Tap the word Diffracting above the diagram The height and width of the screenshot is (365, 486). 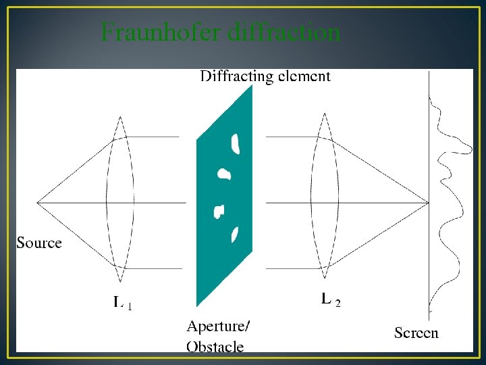point(234,76)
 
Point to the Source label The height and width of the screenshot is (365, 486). point(39,243)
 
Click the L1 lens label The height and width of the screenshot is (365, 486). point(122,303)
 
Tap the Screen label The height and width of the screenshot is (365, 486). point(416,333)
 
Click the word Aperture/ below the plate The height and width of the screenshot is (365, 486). point(217,326)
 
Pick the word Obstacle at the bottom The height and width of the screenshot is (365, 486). point(215,347)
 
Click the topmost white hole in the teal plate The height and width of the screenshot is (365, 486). point(236,143)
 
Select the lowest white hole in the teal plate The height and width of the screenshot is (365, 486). point(235,234)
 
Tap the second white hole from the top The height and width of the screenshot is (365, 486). point(224,174)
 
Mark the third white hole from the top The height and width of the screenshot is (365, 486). point(219,212)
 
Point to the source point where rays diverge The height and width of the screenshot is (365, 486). point(37,202)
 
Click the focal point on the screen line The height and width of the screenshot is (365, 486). point(429,202)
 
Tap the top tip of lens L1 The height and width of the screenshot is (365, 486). point(120,117)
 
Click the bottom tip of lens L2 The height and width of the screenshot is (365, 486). point(325,278)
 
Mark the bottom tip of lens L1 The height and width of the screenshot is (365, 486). point(121,282)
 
